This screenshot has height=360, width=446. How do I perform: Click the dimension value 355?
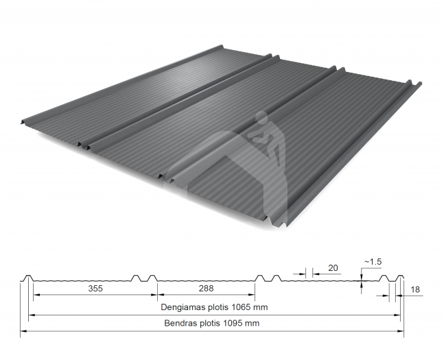tap(95, 289)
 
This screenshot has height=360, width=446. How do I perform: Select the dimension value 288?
tap(207, 289)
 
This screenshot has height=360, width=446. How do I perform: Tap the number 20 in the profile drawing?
tap(333, 268)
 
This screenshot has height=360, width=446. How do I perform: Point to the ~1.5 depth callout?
tap(373, 262)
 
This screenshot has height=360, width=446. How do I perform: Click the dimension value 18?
tap(415, 289)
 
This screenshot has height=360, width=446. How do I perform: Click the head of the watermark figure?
tap(261, 117)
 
